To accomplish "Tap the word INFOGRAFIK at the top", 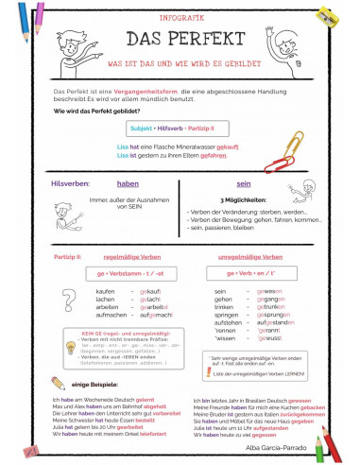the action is tap(180, 15).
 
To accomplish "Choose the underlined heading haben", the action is tap(128, 183).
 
